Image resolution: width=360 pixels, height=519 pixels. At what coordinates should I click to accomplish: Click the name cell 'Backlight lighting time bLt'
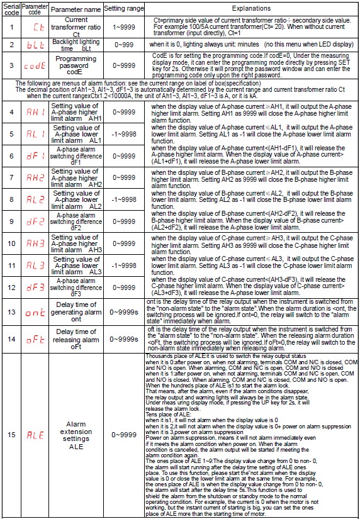76,46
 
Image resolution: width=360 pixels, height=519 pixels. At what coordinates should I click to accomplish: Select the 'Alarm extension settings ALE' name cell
76,433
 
